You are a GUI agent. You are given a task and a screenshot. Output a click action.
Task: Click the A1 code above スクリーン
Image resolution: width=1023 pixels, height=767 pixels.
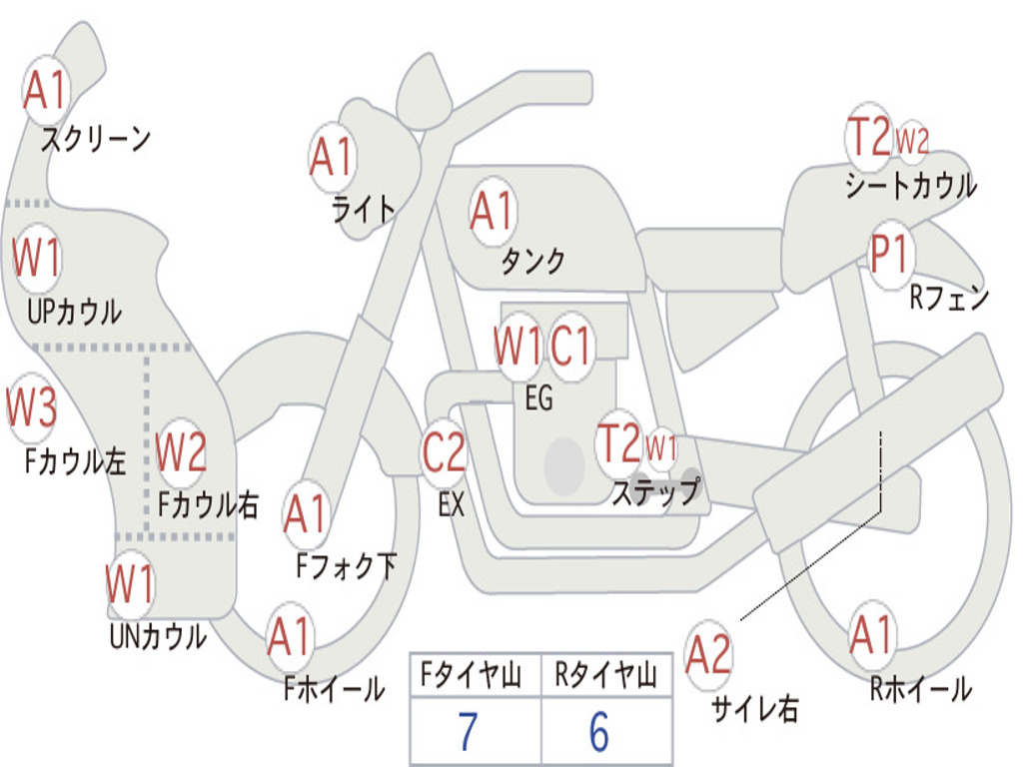coord(45,91)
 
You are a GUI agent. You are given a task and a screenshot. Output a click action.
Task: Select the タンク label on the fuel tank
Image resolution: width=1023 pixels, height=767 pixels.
coord(532,262)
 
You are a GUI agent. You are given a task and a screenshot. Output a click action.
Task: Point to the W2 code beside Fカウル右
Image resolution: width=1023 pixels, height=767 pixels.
coord(181,452)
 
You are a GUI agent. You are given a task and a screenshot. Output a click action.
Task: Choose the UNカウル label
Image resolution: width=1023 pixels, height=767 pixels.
coord(157,636)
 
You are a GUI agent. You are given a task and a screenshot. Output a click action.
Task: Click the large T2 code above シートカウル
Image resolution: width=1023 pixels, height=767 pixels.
coord(867,137)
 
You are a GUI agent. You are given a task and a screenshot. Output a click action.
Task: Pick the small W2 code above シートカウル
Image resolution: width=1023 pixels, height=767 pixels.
coord(911,141)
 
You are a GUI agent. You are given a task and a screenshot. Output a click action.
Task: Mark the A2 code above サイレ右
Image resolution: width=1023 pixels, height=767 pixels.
coord(708,655)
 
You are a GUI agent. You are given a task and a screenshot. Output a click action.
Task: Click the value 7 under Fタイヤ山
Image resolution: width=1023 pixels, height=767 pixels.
coord(468,733)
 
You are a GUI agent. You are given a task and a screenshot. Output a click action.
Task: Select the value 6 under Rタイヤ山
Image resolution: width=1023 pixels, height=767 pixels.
coord(598,733)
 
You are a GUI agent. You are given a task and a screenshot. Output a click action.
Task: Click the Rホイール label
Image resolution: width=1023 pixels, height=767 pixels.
coord(920,688)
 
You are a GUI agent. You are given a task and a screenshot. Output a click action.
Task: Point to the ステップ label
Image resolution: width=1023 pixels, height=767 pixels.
coord(655,491)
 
